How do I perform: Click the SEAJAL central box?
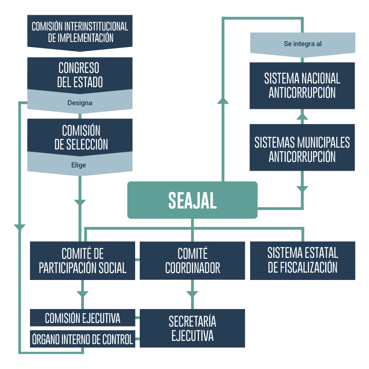coord(192,200)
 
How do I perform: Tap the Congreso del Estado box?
coord(80,74)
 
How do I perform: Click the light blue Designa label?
coord(80,103)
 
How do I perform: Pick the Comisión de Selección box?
coord(80,137)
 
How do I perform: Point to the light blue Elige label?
coord(80,165)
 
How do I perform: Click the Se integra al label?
coord(303,44)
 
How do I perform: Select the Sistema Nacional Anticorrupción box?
coord(303,85)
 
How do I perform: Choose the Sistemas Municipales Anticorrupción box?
coord(303,149)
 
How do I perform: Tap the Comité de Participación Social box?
coord(83,261)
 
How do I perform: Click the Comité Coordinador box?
coord(192,261)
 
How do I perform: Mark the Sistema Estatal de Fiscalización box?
coord(303,261)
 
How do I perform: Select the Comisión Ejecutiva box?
coord(83,318)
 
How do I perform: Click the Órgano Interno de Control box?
coord(83,339)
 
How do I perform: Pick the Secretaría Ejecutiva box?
coord(192,328)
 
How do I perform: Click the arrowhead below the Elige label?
coord(80,202)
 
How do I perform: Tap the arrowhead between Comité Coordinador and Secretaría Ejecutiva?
coord(192,294)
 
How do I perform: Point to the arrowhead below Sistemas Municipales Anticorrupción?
coord(303,188)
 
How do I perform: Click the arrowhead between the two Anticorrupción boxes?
coord(303,116)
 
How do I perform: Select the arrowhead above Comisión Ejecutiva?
coord(83,293)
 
